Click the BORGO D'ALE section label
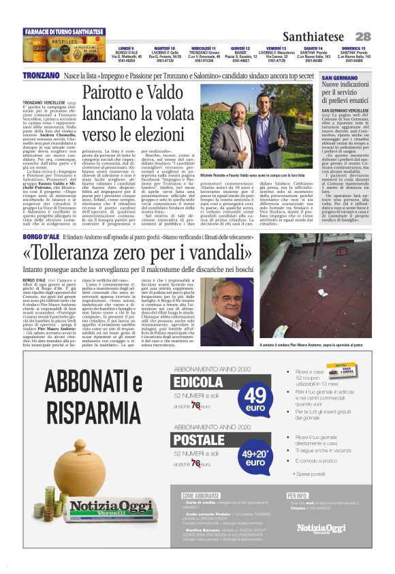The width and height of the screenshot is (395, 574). pyautogui.click(x=40, y=236)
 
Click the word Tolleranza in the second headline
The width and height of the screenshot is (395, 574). pyautogui.click(x=88, y=254)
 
